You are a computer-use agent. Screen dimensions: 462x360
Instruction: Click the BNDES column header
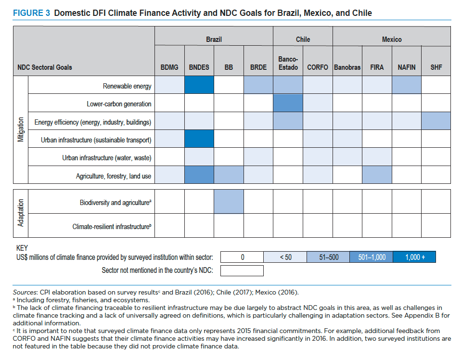(x=199, y=67)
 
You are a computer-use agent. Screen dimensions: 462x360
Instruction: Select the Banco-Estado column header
(x=288, y=64)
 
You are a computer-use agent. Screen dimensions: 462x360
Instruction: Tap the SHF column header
(x=436, y=67)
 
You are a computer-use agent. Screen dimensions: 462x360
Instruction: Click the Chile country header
(x=303, y=39)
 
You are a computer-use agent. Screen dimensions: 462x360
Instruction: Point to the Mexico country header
(x=392, y=39)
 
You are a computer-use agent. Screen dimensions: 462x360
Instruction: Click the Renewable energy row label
(x=127, y=86)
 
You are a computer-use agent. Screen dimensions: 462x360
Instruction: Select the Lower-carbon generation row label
(x=119, y=104)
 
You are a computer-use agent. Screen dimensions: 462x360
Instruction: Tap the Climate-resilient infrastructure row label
(x=112, y=227)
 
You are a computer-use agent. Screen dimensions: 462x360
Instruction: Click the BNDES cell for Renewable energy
(x=199, y=85)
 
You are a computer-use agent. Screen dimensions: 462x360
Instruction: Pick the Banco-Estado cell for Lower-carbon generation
(x=288, y=103)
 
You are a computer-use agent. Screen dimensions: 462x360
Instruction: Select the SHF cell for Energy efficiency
(x=436, y=121)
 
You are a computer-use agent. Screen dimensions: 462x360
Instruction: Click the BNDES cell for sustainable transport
(x=199, y=139)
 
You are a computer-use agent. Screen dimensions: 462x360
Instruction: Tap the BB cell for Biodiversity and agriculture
(x=229, y=201)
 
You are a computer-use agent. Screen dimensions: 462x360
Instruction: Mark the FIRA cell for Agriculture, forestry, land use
(x=377, y=175)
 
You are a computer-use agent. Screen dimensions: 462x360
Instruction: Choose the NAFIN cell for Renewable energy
(x=407, y=85)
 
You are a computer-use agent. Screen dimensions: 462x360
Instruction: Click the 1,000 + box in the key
(x=414, y=257)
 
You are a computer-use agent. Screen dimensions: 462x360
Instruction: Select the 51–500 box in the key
(x=328, y=257)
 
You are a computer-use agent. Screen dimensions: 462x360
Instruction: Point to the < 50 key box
(x=285, y=257)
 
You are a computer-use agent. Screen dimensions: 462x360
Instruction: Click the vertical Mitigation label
(x=21, y=129)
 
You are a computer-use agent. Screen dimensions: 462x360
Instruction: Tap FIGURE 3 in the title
(x=32, y=13)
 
